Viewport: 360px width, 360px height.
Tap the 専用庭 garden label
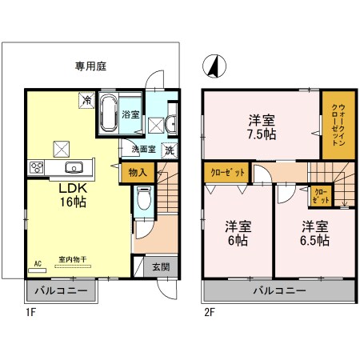click(x=92, y=66)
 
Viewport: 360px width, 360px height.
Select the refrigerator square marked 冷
click(x=86, y=100)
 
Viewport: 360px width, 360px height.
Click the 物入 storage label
click(x=137, y=172)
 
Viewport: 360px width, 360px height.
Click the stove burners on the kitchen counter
click(x=38, y=167)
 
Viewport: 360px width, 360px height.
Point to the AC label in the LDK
click(x=37, y=263)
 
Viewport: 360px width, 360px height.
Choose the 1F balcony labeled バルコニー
click(x=62, y=290)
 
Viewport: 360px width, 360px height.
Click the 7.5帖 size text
click(x=262, y=134)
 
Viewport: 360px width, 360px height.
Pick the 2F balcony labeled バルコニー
click(x=279, y=290)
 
